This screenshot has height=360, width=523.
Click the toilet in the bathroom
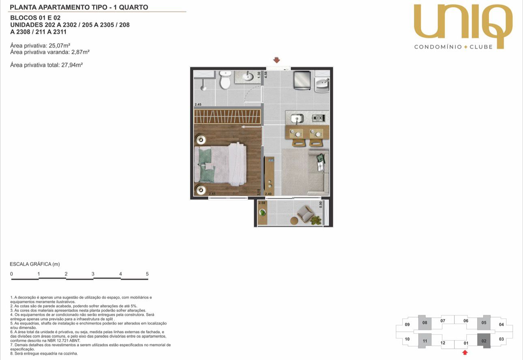[225, 80]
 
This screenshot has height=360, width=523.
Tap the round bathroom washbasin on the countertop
[247, 76]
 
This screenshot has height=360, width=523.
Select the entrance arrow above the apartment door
[277, 60]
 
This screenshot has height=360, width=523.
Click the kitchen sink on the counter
[297, 118]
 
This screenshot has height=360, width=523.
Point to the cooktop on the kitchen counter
[319, 118]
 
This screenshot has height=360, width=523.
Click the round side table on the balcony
[294, 221]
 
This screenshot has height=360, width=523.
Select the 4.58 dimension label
[266, 75]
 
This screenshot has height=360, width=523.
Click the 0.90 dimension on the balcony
[321, 204]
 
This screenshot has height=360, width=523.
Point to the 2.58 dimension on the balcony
[262, 203]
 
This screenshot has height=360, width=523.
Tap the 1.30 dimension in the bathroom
[259, 75]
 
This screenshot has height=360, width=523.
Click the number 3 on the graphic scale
[93, 274]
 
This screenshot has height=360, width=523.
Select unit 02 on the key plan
[484, 341]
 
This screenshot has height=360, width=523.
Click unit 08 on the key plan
[425, 323]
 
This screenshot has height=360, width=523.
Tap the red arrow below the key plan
[465, 353]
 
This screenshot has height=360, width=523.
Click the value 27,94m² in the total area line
[72, 65]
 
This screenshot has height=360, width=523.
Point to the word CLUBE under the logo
[481, 47]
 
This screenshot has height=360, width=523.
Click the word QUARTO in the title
[133, 7]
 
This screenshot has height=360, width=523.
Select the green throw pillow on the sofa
[321, 158]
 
